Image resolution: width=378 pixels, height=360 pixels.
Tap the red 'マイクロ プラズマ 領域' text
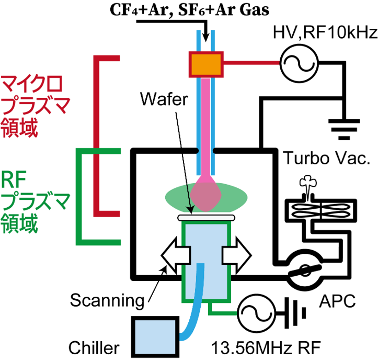click(x=28, y=105)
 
